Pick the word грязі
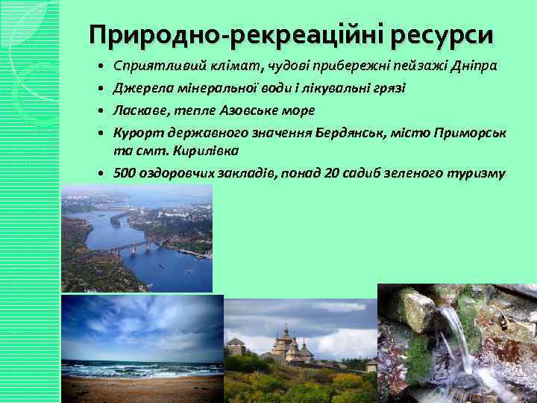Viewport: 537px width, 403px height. [x=389, y=88]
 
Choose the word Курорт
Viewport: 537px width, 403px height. [x=134, y=133]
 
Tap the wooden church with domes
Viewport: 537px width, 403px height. [x=286, y=345]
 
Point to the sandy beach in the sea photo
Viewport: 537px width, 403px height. [x=142, y=388]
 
